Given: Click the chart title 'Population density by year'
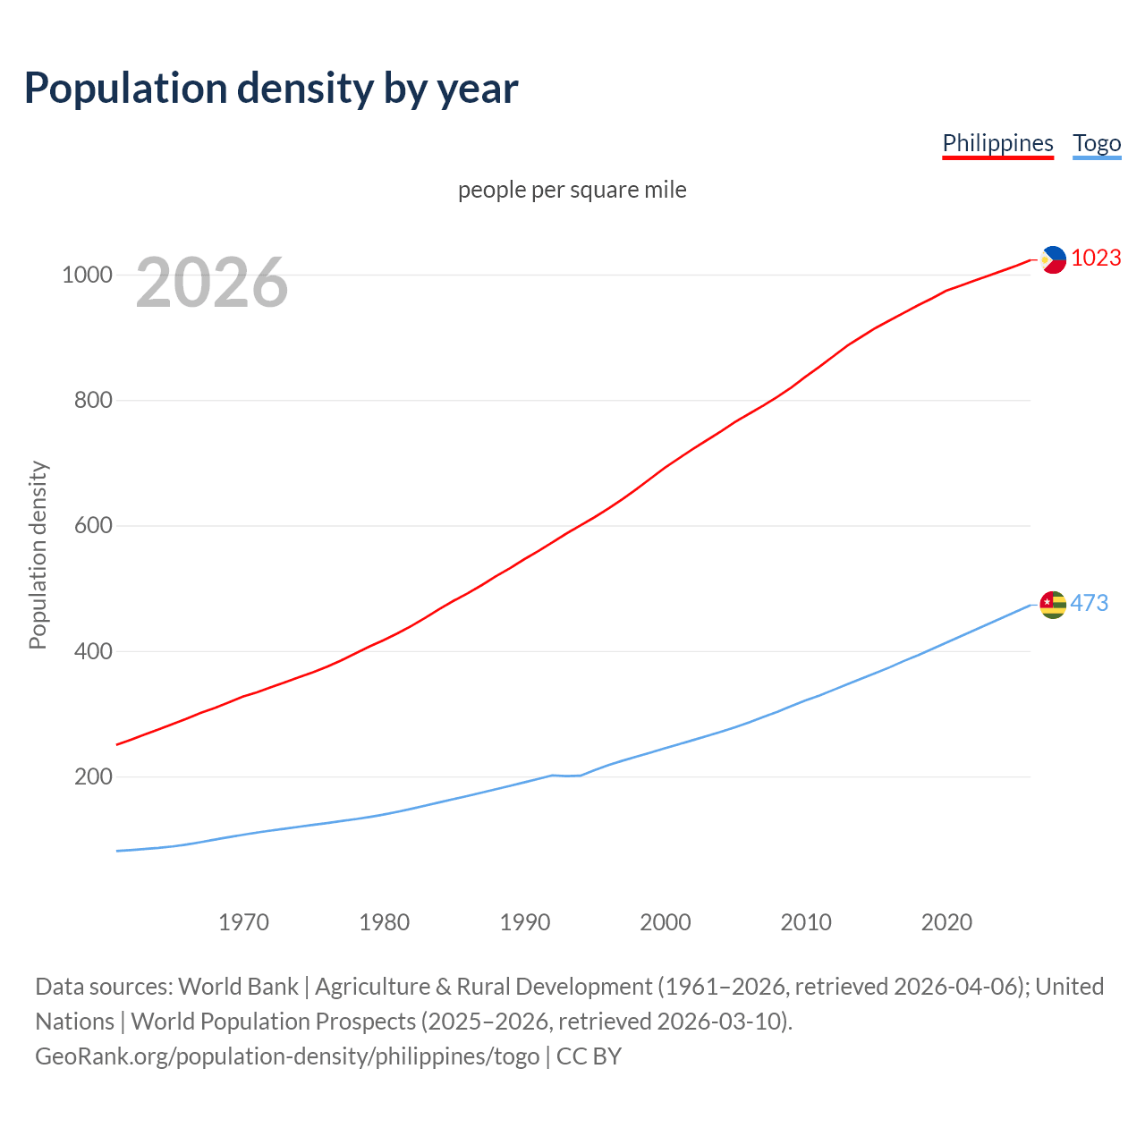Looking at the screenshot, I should coord(271,88).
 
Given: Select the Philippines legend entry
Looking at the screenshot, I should coord(997,143).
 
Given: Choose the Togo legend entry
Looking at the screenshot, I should coord(1097,143).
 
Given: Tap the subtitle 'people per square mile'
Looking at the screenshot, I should coord(572,190).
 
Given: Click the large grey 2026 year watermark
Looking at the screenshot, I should coord(212,283).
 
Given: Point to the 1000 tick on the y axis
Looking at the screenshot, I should coord(87,275).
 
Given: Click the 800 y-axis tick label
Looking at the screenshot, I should coord(93,400).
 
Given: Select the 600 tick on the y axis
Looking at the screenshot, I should coord(93,525).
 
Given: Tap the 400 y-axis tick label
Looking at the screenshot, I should coord(93,651).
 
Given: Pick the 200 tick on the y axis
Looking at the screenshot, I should coord(93,776).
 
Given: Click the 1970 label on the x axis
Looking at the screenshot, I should coord(243,921).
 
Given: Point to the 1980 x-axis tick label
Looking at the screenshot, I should coord(384,921).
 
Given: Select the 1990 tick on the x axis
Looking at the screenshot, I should coord(524,921).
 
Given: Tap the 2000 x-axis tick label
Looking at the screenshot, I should coord(665,921).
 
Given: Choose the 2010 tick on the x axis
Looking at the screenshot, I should coord(805,921).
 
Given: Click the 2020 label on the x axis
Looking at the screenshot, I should coord(946,921).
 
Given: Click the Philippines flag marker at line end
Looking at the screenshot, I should coord(1053,259).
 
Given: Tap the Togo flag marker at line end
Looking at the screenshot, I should coord(1053,605).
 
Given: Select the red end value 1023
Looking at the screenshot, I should coord(1096,258).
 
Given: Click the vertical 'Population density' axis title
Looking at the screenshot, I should coord(38,555).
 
